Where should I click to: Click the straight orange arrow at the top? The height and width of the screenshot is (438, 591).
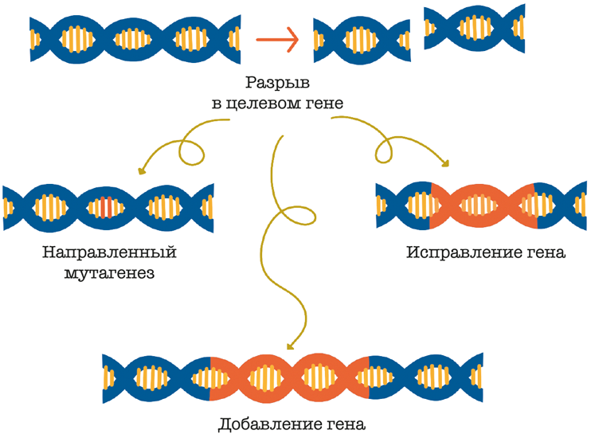[276, 37]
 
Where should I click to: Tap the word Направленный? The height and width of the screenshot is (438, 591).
[109, 253]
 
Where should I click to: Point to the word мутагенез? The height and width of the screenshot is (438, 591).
[109, 273]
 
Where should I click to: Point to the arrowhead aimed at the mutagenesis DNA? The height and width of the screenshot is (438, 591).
[142, 170]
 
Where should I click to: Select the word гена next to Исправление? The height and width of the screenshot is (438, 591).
[546, 253]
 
